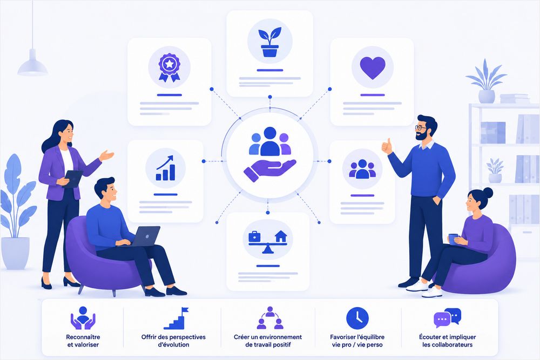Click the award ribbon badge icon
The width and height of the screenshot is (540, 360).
pos(169,67)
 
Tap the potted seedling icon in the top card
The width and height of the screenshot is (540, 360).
pos(269,42)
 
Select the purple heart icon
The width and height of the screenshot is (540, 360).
pos(372,67)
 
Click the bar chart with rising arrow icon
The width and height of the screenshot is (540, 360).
pos(165,168)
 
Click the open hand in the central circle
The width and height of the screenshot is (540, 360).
pos(269,170)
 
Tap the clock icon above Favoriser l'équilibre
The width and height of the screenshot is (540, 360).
pos(357,318)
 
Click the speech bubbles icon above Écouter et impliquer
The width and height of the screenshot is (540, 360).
pos(447,318)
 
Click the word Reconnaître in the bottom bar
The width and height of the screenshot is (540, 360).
pos(83,337)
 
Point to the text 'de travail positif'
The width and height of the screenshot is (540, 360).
pos(268,344)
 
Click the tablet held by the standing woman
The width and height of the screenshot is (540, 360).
pos(73,178)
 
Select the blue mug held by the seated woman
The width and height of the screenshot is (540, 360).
pos(453,239)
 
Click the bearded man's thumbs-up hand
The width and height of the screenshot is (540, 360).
pos(387,147)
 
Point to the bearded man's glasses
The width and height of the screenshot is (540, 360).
pos(420,128)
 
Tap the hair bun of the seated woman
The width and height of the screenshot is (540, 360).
pos(488,193)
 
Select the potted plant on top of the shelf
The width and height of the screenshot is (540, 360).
pos(487,81)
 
